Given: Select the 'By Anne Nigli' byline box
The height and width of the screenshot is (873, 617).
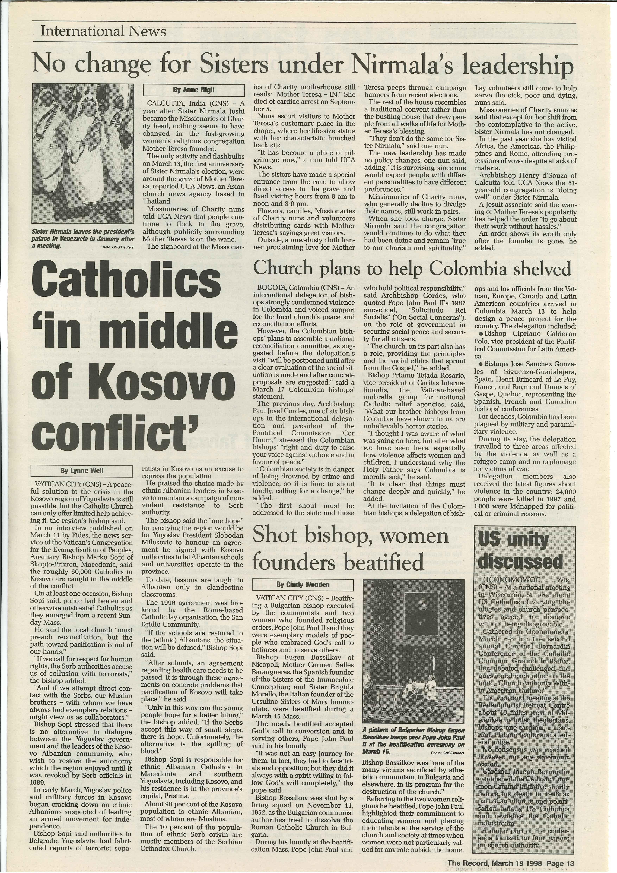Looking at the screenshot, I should [x=193, y=90].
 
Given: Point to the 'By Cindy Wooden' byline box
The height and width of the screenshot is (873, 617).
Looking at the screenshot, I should [x=303, y=584].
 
